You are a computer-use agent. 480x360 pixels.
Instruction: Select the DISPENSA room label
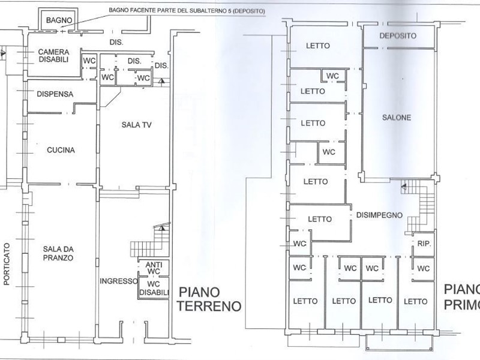55,94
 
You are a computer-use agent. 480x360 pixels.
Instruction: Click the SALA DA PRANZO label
58,253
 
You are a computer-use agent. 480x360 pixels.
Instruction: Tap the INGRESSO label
116,280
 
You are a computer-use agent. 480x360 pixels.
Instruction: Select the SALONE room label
397,118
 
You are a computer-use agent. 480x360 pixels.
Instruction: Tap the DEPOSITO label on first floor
398,36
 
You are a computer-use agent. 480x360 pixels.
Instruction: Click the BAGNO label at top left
59,20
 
